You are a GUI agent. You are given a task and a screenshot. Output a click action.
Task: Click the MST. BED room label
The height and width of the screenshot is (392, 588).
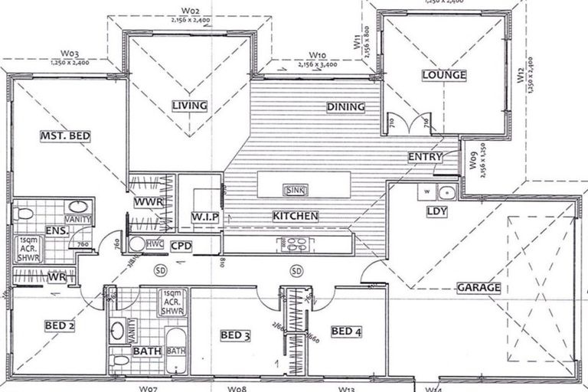[66, 136]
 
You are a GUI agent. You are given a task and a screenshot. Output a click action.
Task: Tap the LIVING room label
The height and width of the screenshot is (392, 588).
[189, 105]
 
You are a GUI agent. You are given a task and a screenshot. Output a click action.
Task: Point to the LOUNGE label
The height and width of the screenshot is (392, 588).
[443, 75]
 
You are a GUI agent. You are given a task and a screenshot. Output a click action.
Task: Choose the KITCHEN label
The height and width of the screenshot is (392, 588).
[295, 217]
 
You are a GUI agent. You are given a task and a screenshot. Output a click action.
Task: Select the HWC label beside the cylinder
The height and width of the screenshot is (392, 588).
[155, 244]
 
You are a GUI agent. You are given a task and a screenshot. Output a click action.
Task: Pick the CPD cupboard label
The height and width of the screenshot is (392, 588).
[181, 246]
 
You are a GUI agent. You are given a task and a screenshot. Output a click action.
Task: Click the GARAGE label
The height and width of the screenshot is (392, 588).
[479, 288]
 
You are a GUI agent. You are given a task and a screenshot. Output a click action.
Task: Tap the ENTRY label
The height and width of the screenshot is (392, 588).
[425, 157]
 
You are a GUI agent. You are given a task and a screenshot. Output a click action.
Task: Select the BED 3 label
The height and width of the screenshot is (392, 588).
[235, 335]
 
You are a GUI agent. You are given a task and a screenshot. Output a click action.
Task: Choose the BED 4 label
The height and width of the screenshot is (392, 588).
[345, 332]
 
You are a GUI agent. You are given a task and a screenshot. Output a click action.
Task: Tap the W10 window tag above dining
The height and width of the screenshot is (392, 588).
[318, 55]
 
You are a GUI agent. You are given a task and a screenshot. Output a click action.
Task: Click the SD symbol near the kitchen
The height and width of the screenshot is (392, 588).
[296, 270]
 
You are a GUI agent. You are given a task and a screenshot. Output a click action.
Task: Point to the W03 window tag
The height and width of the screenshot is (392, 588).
[70, 54]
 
